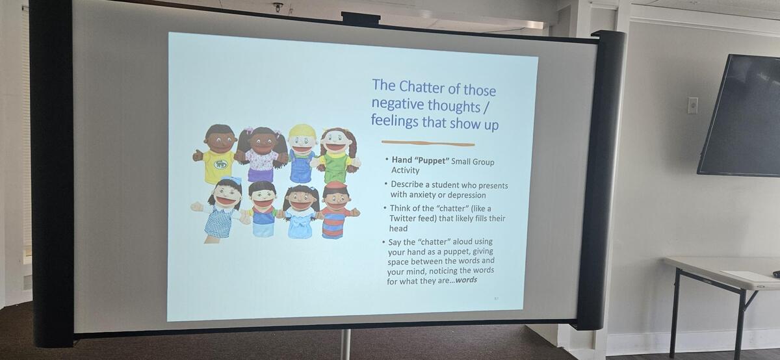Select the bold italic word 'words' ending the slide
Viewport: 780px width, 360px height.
click(466, 280)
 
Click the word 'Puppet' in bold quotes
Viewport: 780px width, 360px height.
click(432, 161)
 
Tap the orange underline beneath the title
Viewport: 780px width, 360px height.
click(428, 143)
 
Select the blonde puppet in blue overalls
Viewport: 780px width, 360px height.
click(302, 153)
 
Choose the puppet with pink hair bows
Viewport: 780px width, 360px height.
click(261, 154)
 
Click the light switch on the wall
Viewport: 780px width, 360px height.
click(693, 105)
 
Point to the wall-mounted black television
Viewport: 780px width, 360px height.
click(740, 115)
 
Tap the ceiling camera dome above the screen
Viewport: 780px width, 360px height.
click(278, 7)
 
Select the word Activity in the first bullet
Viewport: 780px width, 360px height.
click(406, 170)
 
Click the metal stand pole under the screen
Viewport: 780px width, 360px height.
click(345, 344)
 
